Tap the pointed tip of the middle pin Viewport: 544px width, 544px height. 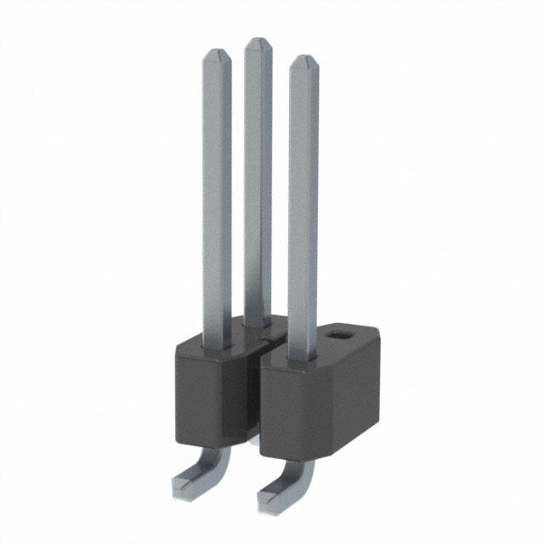pyautogui.click(x=258, y=40)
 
